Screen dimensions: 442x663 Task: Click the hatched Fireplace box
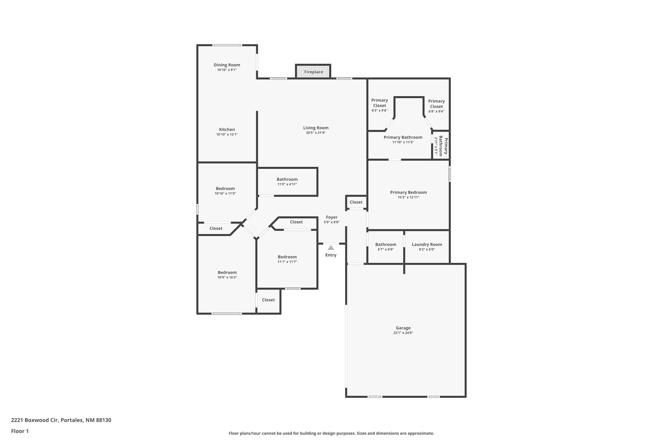pos(313,72)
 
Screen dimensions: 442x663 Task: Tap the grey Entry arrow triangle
pos(331,248)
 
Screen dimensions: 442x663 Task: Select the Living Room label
pos(316,128)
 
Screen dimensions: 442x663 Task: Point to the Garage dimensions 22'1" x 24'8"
pos(403,333)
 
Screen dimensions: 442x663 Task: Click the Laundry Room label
pos(427,244)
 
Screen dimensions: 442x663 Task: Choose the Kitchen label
pos(227,129)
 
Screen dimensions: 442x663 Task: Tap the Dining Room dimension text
pos(227,70)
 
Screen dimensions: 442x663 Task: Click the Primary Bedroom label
pos(408,192)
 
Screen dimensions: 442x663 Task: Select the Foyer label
pos(331,217)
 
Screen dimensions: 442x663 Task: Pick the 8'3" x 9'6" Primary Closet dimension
pos(379,110)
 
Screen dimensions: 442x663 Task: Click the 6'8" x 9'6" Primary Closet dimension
pos(436,111)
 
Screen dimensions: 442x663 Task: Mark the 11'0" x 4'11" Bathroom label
pos(287,179)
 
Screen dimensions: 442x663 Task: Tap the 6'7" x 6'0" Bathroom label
pos(386,244)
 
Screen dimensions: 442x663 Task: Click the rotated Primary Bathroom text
pos(443,145)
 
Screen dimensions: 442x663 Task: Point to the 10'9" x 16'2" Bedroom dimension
pos(227,277)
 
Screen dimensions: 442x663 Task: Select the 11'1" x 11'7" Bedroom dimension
pos(287,262)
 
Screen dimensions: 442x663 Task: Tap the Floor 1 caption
pos(20,431)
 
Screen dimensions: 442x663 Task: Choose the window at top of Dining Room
pos(227,45)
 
